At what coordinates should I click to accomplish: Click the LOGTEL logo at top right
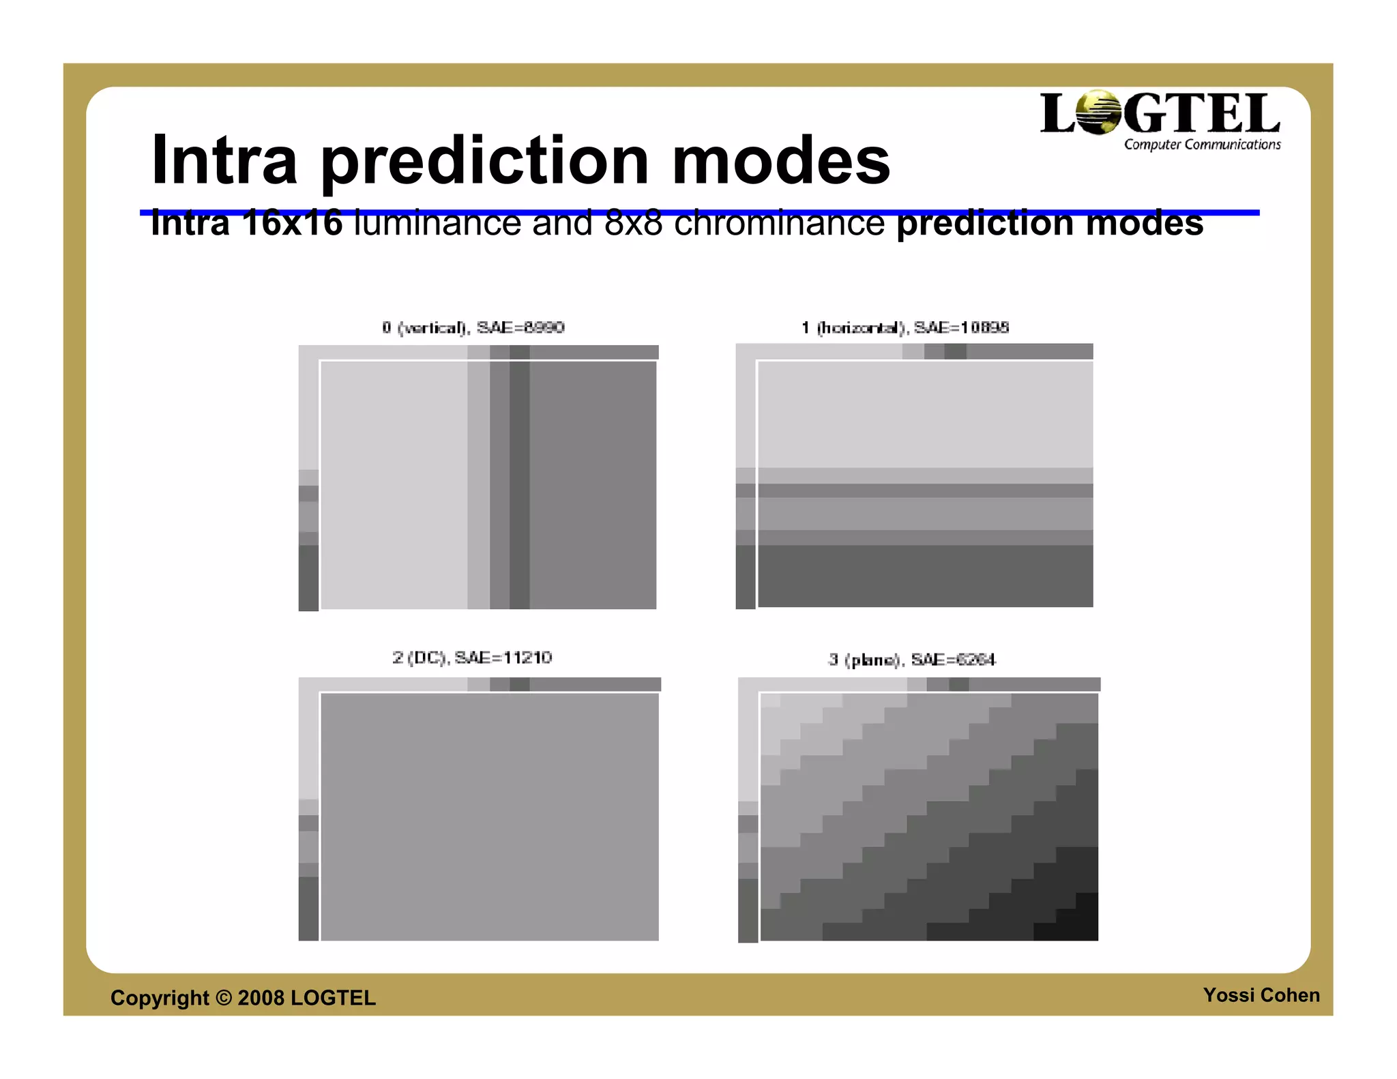(x=1160, y=114)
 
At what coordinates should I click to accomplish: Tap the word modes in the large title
(x=781, y=161)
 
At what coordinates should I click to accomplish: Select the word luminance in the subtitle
(x=437, y=224)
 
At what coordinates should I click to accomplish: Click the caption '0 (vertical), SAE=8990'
(x=473, y=328)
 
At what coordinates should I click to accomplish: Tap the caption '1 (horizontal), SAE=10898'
(x=905, y=328)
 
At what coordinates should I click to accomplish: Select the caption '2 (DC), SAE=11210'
(x=472, y=657)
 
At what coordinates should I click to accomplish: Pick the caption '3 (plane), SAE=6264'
(x=911, y=660)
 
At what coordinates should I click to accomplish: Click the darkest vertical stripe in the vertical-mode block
(x=519, y=484)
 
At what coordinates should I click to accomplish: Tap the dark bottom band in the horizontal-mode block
(x=924, y=576)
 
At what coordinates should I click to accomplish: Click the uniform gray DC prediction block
(x=489, y=816)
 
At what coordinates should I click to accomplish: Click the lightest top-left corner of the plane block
(x=771, y=701)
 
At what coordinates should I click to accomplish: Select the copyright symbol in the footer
(x=223, y=998)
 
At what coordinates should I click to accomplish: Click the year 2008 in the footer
(x=261, y=998)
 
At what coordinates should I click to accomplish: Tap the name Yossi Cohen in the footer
(x=1261, y=995)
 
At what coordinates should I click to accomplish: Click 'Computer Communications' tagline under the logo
(x=1202, y=145)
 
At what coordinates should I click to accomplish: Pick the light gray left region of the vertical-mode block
(x=394, y=484)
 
